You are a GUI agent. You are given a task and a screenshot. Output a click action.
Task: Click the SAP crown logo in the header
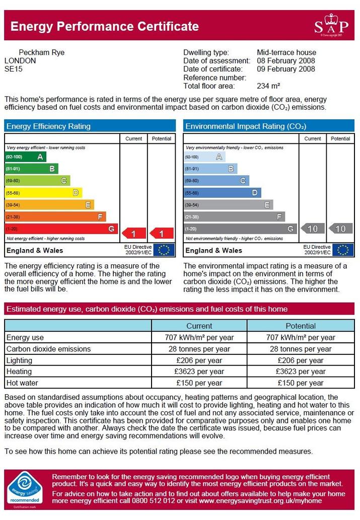click(331, 25)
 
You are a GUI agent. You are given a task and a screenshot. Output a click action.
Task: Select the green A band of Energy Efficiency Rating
click(26, 157)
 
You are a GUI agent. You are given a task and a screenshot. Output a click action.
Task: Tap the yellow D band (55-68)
click(43, 193)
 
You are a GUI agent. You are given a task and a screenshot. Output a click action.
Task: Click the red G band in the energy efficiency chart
click(61, 229)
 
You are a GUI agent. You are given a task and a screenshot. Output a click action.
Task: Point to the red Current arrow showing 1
click(134, 234)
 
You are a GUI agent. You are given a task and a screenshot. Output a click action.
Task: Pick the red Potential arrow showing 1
click(162, 234)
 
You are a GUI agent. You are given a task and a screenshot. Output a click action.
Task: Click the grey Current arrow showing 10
click(313, 229)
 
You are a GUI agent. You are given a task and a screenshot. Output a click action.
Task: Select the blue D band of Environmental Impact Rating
click(223, 193)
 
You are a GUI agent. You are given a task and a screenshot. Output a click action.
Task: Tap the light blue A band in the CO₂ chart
click(204, 157)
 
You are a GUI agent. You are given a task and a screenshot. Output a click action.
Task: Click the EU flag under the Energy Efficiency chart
click(164, 250)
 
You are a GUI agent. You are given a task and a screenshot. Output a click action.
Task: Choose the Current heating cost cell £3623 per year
click(199, 372)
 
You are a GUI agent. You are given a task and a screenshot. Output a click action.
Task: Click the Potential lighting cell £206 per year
click(301, 360)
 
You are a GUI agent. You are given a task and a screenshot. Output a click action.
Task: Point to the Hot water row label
click(22, 383)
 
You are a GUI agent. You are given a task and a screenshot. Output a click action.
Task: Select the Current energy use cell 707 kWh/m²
click(199, 337)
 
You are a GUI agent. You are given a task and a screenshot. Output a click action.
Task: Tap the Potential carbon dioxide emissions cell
click(301, 349)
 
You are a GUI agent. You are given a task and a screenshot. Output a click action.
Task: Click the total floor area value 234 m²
click(268, 86)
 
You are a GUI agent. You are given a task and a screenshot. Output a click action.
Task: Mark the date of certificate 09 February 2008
click(286, 69)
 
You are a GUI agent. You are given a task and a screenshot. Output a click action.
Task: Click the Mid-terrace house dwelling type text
click(286, 52)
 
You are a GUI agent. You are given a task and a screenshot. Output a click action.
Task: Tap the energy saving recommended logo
click(25, 489)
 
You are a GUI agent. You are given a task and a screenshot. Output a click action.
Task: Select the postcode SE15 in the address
click(13, 69)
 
